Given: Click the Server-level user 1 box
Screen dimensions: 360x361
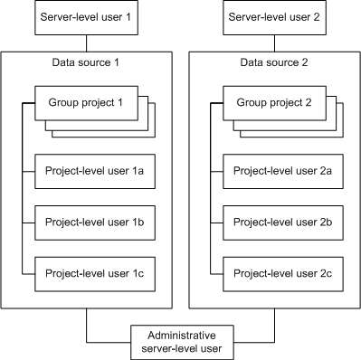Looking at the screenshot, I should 86,18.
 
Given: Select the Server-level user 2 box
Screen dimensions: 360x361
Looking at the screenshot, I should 274,18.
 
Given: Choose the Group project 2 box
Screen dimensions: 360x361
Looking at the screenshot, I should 271,102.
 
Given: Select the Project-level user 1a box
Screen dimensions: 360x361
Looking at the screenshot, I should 93,170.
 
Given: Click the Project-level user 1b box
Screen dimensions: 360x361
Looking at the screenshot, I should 93,220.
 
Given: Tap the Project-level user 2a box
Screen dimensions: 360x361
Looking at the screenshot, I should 281,170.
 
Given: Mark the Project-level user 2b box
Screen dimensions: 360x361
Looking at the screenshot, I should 281,220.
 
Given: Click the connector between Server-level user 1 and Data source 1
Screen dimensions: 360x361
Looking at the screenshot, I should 86,43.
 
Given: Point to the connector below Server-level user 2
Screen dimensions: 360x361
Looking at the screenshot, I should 274,43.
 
